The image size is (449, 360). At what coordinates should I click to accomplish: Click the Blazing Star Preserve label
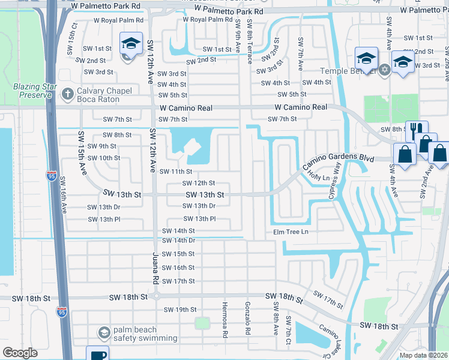pos(29,91)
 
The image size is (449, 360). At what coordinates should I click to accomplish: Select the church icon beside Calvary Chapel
pos(67,94)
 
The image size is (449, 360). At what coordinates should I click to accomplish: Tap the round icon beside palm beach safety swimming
pos(104,332)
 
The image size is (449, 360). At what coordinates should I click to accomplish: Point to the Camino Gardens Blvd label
pos(330,160)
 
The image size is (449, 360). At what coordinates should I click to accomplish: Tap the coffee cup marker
pos(97,354)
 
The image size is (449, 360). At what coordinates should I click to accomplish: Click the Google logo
pos(20,353)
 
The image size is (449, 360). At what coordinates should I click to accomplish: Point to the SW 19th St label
pos(180,310)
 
